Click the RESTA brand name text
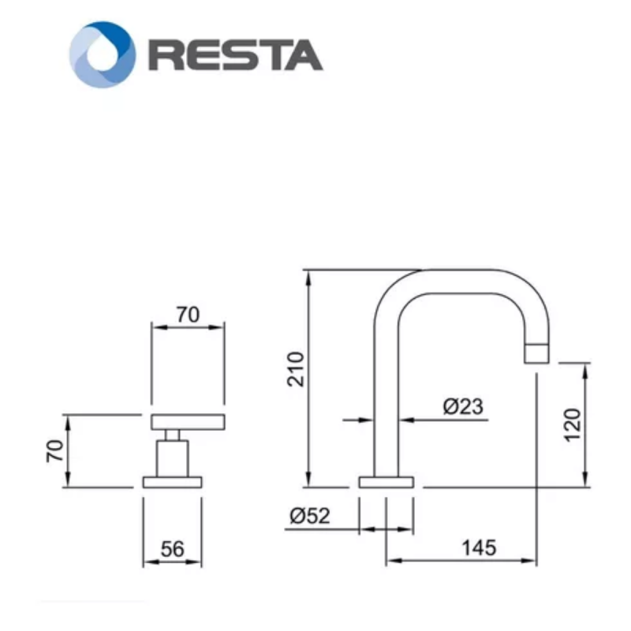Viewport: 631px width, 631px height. click(236, 55)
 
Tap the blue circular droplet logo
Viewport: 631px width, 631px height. click(103, 54)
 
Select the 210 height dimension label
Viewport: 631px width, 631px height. click(296, 369)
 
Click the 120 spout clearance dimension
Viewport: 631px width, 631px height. click(573, 425)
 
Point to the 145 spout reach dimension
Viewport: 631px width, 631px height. click(479, 547)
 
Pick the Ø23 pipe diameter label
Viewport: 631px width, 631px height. click(463, 406)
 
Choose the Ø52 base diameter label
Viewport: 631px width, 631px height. click(310, 516)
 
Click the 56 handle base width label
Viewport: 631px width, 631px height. click(172, 549)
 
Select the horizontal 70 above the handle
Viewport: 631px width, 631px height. click(188, 315)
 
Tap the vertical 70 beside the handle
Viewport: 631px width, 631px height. click(55, 450)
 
